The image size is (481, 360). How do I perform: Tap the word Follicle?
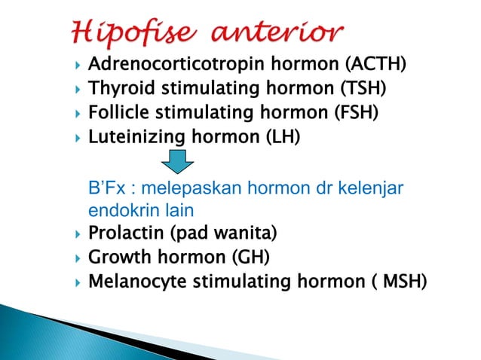click(118, 114)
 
